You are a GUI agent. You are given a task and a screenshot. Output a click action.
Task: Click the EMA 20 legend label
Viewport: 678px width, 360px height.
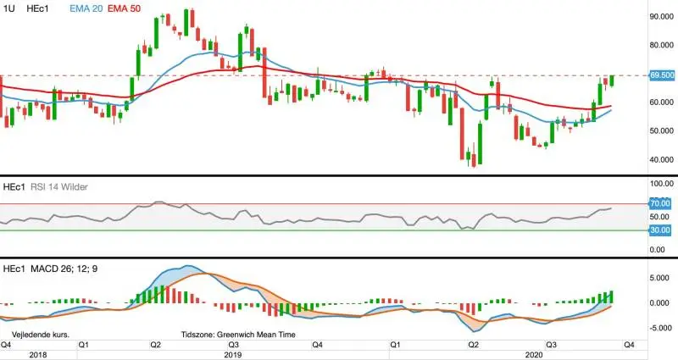pyautogui.click(x=86, y=8)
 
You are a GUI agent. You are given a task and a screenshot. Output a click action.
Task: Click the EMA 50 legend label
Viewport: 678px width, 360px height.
pyautogui.click(x=124, y=8)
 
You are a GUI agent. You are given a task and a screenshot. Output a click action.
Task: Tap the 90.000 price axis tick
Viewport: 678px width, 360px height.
pyautogui.click(x=662, y=16)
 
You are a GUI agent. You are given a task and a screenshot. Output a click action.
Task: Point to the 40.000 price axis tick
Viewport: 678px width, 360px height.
pyautogui.click(x=662, y=159)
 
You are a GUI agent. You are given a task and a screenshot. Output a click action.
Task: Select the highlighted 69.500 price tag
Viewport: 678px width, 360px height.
pyautogui.click(x=662, y=75)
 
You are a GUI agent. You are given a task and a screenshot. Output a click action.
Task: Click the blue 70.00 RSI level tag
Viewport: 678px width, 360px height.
pyautogui.click(x=660, y=203)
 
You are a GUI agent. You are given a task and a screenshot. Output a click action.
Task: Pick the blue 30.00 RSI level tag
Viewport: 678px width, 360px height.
pyautogui.click(x=660, y=230)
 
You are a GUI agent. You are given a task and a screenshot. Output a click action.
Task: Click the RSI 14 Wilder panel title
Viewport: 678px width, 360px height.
pyautogui.click(x=59, y=187)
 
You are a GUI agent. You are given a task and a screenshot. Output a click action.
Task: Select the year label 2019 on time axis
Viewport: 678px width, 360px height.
pyautogui.click(x=233, y=355)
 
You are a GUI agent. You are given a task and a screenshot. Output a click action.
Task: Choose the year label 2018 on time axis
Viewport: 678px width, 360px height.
pyautogui.click(x=38, y=355)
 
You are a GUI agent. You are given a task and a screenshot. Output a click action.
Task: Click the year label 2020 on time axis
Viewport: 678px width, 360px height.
pyautogui.click(x=534, y=355)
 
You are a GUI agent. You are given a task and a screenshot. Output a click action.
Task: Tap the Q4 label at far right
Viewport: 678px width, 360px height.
pyautogui.click(x=629, y=345)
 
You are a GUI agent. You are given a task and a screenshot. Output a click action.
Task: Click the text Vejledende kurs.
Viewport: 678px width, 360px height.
pyautogui.click(x=40, y=335)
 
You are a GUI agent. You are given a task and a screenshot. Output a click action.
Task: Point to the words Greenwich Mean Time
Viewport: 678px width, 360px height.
pyautogui.click(x=256, y=335)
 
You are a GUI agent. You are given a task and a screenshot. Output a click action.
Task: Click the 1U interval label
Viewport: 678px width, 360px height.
pyautogui.click(x=8, y=8)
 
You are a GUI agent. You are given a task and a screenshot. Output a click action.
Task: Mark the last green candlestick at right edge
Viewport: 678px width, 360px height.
pyautogui.click(x=612, y=80)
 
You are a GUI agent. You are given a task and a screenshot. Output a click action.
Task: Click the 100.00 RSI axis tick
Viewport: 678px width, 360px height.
pyautogui.click(x=662, y=184)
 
